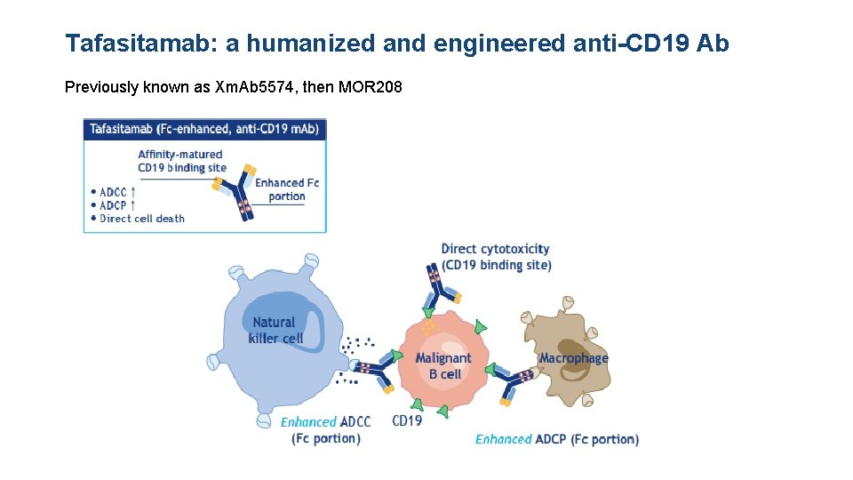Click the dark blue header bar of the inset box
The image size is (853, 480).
pyautogui.click(x=205, y=129)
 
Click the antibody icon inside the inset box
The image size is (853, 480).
pyautogui.click(x=235, y=191)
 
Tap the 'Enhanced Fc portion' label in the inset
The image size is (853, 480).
pyautogui.click(x=286, y=189)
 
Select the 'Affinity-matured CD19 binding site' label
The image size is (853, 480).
pyautogui.click(x=182, y=161)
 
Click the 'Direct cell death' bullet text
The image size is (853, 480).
pyautogui.click(x=141, y=219)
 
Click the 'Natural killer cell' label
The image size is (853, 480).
pyautogui.click(x=275, y=330)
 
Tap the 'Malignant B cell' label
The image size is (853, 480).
pyautogui.click(x=443, y=365)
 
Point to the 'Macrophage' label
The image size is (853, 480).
pyautogui.click(x=573, y=358)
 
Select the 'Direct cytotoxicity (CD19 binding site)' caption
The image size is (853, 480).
pyautogui.click(x=496, y=257)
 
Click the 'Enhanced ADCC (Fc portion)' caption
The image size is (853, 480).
pyautogui.click(x=326, y=430)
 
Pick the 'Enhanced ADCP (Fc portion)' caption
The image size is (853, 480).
pyautogui.click(x=557, y=439)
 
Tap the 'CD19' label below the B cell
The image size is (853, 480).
pyautogui.click(x=407, y=420)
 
